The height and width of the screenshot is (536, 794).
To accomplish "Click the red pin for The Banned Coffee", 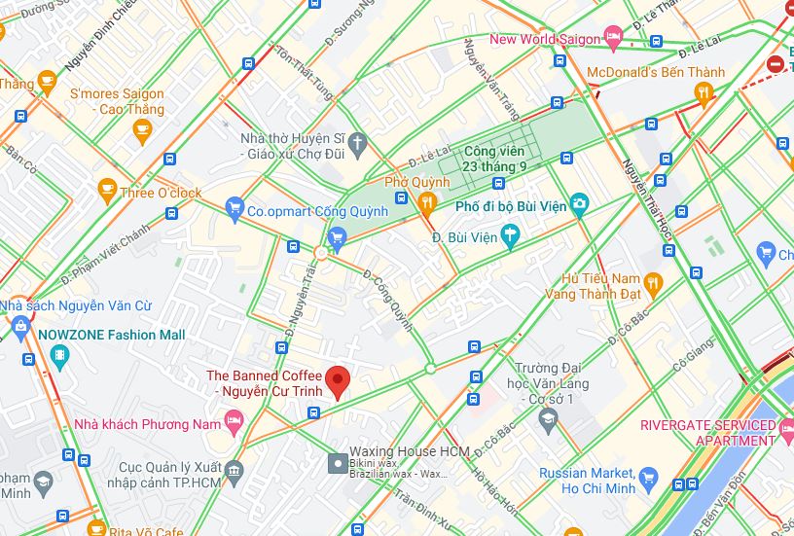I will pyautogui.click(x=337, y=380).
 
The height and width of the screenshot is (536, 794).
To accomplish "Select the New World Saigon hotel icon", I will pyautogui.click(x=613, y=39).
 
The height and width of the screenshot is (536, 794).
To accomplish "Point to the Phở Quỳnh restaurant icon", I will pyautogui.click(x=425, y=202).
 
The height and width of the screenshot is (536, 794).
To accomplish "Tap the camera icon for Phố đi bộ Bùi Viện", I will pyautogui.click(x=579, y=205).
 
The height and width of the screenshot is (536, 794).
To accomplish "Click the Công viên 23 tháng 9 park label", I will pyautogui.click(x=493, y=159).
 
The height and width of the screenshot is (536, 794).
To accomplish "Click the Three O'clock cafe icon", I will pyautogui.click(x=107, y=193).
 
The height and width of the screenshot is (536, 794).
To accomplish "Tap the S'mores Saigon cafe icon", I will pyautogui.click(x=143, y=129).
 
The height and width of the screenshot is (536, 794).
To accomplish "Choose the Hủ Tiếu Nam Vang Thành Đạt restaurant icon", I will pyautogui.click(x=652, y=284).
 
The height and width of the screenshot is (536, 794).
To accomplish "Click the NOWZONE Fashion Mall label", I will pyautogui.click(x=111, y=335).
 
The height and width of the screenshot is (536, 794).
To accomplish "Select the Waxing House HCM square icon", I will pyautogui.click(x=337, y=463).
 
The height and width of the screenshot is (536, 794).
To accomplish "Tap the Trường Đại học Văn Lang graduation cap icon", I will pyautogui.click(x=547, y=419).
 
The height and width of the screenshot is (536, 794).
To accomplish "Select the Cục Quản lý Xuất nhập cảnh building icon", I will pyautogui.click(x=235, y=475).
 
